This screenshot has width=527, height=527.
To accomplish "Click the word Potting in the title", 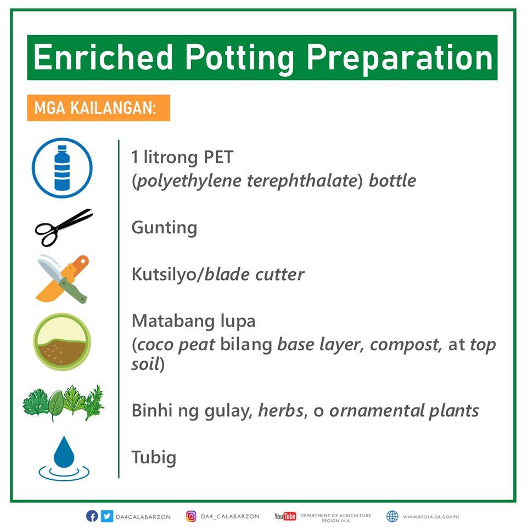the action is click(239, 58).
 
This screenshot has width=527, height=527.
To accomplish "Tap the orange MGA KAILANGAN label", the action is click(98, 108).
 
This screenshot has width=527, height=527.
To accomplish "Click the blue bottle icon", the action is click(62, 168).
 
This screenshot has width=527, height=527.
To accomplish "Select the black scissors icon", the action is click(64, 227).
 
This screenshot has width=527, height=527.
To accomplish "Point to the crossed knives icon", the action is click(63, 279).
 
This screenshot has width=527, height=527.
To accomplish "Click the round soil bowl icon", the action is click(62, 342).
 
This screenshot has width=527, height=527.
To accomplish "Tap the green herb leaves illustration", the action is click(63, 403).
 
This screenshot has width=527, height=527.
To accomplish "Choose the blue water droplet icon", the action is click(64, 458).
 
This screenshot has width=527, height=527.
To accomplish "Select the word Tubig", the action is click(154, 458).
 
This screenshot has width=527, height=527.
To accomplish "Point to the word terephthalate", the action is click(301, 181).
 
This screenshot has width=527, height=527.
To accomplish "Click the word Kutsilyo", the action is click(164, 274).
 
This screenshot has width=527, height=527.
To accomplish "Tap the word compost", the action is click(405, 345).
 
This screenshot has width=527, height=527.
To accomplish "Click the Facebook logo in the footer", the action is click(92, 516).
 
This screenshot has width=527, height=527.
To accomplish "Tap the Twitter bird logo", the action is click(107, 516).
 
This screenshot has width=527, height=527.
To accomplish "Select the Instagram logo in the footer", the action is click(191, 516).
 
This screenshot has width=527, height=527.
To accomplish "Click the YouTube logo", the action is click(285, 516).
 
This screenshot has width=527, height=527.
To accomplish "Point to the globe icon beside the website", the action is click(392, 516).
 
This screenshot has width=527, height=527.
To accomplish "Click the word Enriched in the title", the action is click(103, 57).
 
